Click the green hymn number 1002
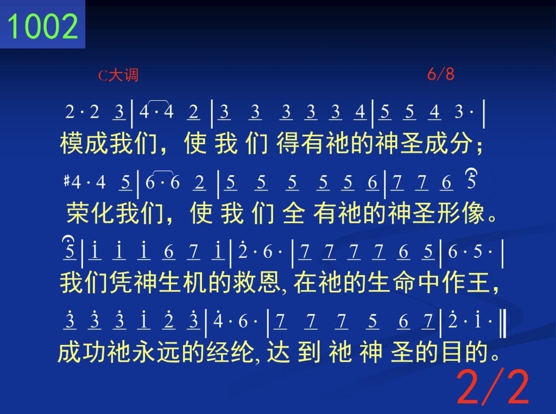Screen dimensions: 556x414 [42, 26]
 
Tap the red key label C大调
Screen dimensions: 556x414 [118, 75]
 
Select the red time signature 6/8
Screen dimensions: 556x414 [440, 74]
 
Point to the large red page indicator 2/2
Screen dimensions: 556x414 [493, 387]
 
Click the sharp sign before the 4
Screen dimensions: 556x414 [67, 181]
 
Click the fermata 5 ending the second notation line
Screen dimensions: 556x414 [471, 180]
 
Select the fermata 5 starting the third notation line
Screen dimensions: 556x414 [69, 248]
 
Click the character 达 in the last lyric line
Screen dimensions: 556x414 [279, 352]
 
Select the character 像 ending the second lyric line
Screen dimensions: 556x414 [473, 213]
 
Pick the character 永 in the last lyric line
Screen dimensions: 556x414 [144, 352]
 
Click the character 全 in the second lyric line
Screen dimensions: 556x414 [294, 213]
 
